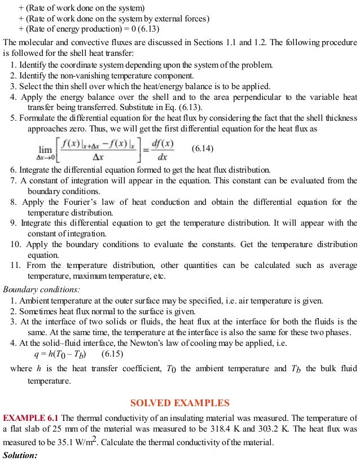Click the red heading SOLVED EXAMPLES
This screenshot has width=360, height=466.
point(180,403)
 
